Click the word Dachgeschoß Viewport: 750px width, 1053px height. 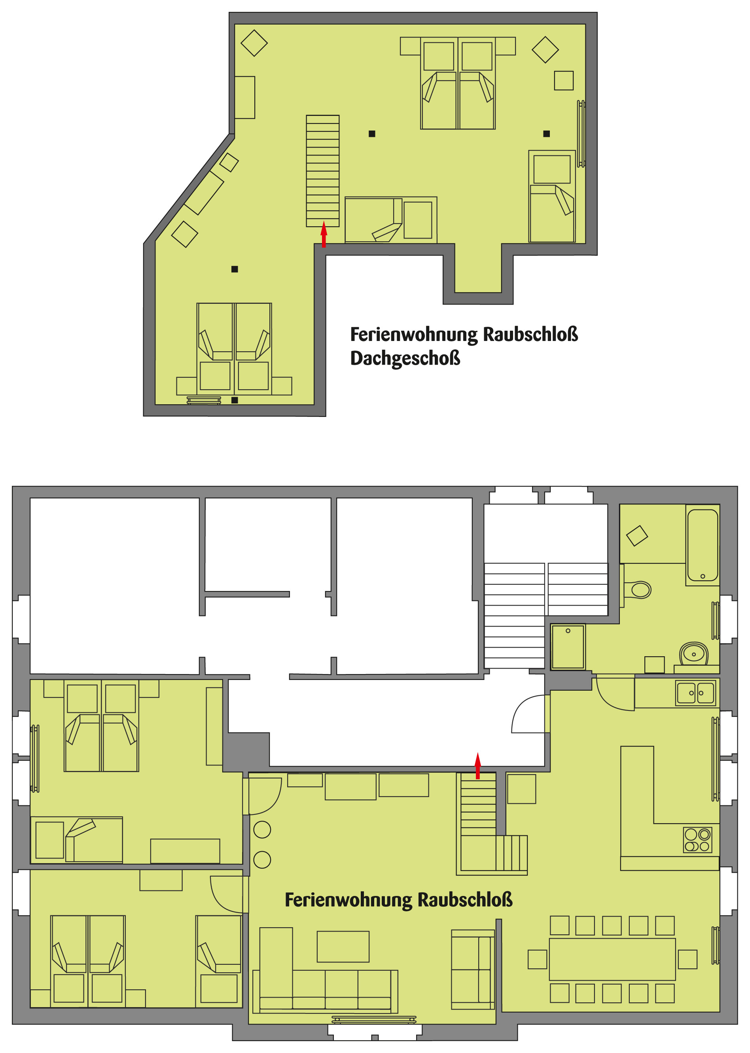(405, 358)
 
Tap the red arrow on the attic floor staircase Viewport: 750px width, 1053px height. (324, 234)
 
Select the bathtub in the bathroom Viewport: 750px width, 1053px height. (703, 545)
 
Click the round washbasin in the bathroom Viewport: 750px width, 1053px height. (694, 653)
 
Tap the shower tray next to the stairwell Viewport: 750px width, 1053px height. (568, 647)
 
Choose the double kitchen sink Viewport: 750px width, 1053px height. (695, 693)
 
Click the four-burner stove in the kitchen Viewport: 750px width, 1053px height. (697, 840)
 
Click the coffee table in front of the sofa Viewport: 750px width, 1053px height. (343, 946)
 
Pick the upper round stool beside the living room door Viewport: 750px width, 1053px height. (262, 830)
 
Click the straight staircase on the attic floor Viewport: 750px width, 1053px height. (323, 171)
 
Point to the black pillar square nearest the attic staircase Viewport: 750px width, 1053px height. (372, 134)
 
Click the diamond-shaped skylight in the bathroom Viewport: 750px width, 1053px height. (637, 536)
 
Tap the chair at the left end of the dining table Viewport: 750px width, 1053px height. (537, 959)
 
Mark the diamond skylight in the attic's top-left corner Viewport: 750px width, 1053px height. (254, 43)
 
